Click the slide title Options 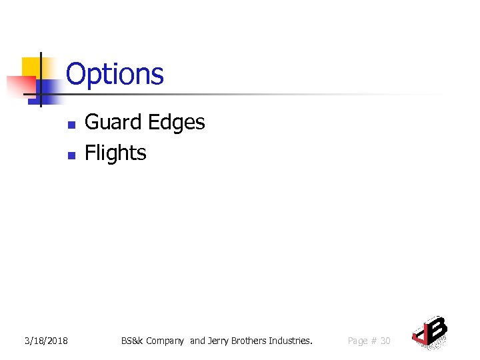point(115,74)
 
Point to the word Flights point(115,153)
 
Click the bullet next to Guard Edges point(72,124)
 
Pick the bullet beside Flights point(72,155)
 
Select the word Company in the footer point(165,341)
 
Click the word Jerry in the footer point(219,341)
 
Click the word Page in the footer point(358,341)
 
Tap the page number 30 point(385,341)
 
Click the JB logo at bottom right point(430,331)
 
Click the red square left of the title point(20,86)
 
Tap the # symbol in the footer point(374,341)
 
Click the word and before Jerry point(198,341)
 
